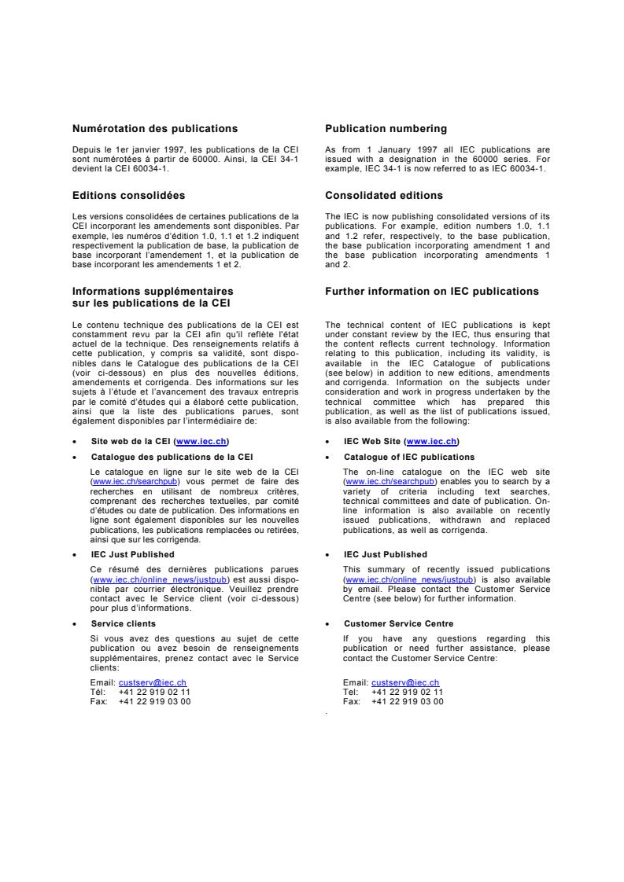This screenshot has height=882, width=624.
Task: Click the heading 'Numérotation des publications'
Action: tap(155, 128)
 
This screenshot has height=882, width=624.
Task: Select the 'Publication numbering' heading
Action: tap(386, 128)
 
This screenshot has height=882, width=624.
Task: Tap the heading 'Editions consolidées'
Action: tap(129, 195)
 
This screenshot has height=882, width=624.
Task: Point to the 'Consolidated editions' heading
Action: tap(384, 195)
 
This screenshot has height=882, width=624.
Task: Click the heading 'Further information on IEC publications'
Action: tap(432, 292)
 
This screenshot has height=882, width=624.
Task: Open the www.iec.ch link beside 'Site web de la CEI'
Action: tap(203, 442)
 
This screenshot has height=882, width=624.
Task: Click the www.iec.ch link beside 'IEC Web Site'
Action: tap(432, 442)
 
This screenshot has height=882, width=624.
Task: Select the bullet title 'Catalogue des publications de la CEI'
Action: tap(172, 457)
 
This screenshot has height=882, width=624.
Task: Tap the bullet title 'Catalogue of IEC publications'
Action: tap(409, 457)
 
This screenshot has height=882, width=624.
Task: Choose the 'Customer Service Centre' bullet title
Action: tap(398, 623)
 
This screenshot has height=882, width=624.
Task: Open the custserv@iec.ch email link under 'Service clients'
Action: tap(153, 683)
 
